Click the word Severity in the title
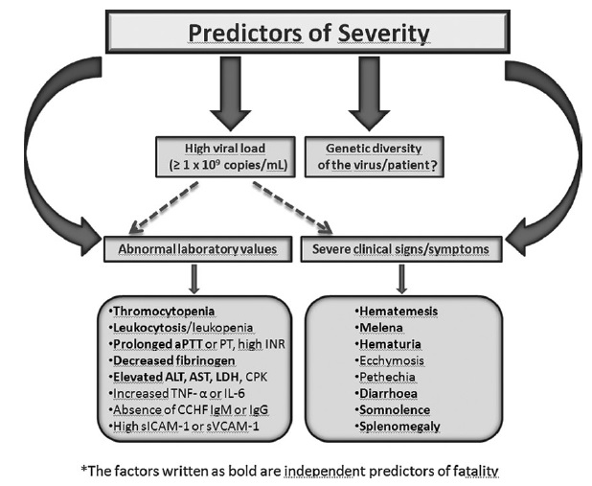[383, 34]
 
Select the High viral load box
[225, 157]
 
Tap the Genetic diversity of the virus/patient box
[375, 157]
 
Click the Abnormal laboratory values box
[198, 249]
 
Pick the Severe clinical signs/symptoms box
[401, 249]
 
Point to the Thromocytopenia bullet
[162, 311]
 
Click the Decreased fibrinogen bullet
[171, 360]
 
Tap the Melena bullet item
[378, 327]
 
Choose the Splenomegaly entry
[398, 427]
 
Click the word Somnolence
[395, 409]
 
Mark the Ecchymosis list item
[389, 360]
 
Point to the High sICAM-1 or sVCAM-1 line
[184, 426]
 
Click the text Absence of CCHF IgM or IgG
[189, 409]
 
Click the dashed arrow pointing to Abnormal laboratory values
[164, 207]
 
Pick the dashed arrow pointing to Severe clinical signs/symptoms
[292, 207]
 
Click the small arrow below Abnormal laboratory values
[194, 279]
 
